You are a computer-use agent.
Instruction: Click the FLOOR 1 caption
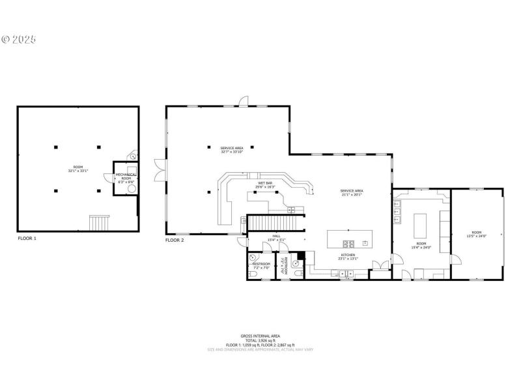point(27,239)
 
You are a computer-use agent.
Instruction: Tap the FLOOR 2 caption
point(175,240)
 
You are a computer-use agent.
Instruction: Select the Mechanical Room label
point(126,177)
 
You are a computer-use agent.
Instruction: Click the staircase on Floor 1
point(100,223)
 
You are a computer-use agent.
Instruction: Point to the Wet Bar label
point(265,185)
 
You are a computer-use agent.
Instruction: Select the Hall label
point(276,239)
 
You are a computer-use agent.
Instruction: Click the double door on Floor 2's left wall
point(159,171)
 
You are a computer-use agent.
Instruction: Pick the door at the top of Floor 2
point(244,100)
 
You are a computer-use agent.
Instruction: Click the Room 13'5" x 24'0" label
point(477,234)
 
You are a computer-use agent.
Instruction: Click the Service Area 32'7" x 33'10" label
point(231,150)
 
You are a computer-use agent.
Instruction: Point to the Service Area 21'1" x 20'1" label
point(351,192)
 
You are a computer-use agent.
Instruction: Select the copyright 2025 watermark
point(19,40)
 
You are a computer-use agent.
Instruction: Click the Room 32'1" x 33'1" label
point(77,169)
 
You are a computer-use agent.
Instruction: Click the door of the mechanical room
point(133,155)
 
